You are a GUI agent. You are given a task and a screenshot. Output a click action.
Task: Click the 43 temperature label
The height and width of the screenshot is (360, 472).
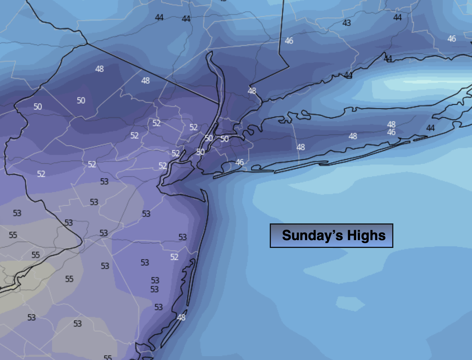(347, 23)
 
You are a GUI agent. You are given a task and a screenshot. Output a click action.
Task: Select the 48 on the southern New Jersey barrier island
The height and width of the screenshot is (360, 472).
(181, 317)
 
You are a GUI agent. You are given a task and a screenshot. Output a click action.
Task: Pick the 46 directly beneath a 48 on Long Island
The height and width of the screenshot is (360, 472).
(391, 132)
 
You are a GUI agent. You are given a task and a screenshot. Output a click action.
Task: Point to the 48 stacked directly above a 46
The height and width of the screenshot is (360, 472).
(391, 124)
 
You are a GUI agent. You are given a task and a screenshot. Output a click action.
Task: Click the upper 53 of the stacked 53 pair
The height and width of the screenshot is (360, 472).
(155, 280)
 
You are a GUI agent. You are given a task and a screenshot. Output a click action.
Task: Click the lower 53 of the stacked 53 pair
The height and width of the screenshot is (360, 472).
(154, 289)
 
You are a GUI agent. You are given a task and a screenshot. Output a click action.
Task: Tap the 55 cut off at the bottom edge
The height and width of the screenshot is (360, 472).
(108, 357)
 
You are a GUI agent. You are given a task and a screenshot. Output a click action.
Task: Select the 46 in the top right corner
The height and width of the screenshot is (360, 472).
(452, 39)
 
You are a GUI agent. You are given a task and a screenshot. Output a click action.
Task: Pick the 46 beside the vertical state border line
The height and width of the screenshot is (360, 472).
(289, 41)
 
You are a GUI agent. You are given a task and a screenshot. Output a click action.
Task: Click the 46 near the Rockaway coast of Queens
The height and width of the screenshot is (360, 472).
(240, 162)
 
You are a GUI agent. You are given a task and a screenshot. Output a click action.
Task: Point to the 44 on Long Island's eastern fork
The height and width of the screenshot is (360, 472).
(430, 128)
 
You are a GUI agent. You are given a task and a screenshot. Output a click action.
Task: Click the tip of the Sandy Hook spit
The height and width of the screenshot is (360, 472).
(202, 190)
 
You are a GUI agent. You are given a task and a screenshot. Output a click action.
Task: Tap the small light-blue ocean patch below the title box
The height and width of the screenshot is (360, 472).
(350, 304)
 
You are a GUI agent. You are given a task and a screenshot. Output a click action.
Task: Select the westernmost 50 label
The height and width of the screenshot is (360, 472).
(37, 107)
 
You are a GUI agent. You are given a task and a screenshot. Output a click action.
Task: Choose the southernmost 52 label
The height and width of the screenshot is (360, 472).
(174, 257)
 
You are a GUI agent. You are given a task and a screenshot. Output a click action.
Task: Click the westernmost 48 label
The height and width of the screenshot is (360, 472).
(99, 69)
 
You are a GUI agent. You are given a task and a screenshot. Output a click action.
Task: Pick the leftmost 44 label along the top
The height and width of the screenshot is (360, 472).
(159, 17)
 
